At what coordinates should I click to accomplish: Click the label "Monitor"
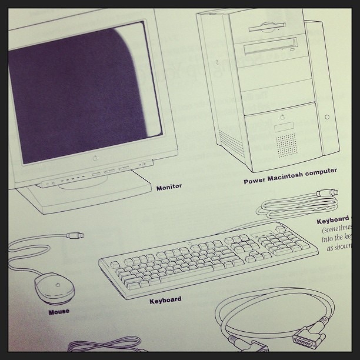169,187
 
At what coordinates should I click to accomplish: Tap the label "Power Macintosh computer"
290,176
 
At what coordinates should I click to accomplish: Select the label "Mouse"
59,311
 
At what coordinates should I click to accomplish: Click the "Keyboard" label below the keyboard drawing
165,300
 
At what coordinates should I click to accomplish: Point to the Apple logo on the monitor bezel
94,158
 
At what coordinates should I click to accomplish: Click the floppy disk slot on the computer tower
267,27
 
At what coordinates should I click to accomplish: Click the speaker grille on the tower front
287,144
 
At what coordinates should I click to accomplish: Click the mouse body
55,288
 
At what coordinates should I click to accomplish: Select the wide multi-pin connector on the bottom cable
309,335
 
